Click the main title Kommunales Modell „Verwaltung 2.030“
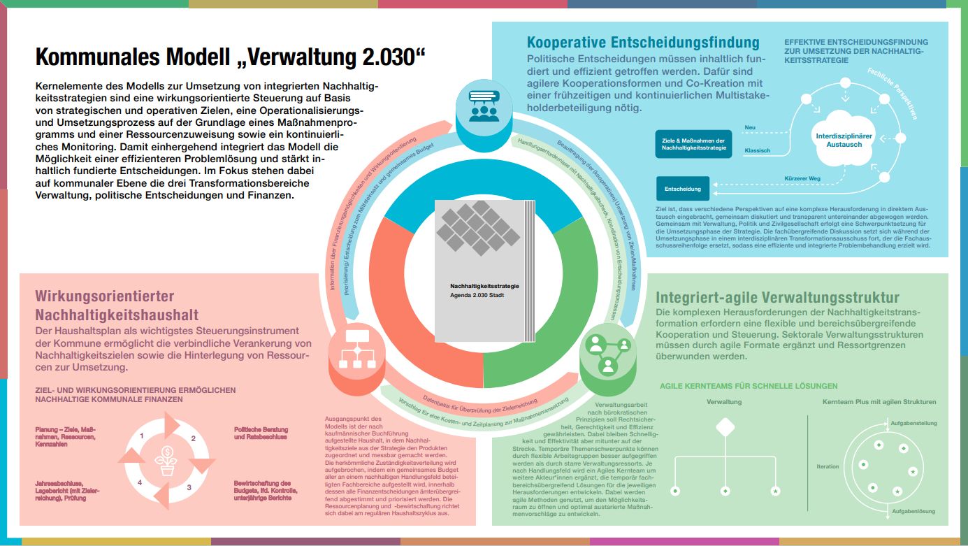pos(230,57)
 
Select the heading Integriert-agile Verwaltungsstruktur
pos(778,298)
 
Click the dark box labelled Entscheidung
pos(683,189)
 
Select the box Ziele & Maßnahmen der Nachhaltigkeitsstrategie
pos(693,144)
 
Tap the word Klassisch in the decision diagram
pos(758,150)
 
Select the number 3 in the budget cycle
pos(189,487)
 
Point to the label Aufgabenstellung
pos(913,423)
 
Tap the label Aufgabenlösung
pos(913,511)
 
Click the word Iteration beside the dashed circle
pos(828,466)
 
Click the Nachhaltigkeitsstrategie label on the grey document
pos(484,286)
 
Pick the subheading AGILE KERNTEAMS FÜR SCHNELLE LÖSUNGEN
pos(749,386)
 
